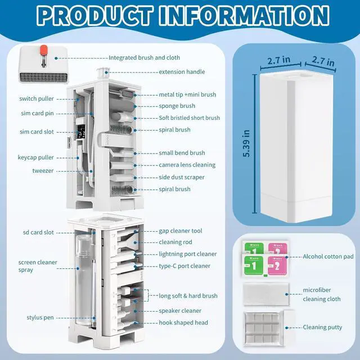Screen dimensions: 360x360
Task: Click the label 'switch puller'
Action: tap(37, 99)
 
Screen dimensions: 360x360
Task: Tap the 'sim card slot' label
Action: tap(37, 132)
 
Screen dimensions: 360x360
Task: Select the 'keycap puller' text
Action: tap(36, 157)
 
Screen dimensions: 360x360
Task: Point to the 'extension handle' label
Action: tap(182, 72)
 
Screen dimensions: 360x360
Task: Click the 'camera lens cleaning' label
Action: tap(187, 165)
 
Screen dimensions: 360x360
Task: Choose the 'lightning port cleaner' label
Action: tap(188, 254)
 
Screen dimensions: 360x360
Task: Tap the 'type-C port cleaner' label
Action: tap(184, 266)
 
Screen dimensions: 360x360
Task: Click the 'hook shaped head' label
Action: tap(183, 322)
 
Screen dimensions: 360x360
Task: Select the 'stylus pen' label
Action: tap(40, 317)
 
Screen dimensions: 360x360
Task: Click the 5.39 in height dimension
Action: tap(246, 143)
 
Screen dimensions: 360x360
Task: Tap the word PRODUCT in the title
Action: tap(95, 16)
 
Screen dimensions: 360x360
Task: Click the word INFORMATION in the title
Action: tap(244, 16)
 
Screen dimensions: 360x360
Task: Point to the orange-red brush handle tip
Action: tap(43, 51)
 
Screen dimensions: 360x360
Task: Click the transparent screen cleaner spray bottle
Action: tap(84, 280)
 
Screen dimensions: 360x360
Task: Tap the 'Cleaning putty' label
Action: tap(322, 327)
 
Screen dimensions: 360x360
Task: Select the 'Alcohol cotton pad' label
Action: tap(328, 256)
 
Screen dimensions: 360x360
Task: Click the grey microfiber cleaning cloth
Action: tap(266, 294)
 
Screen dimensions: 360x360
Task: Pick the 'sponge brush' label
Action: tap(177, 106)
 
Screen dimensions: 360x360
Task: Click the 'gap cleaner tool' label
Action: tap(181, 231)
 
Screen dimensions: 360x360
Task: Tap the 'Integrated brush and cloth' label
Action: tap(144, 57)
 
